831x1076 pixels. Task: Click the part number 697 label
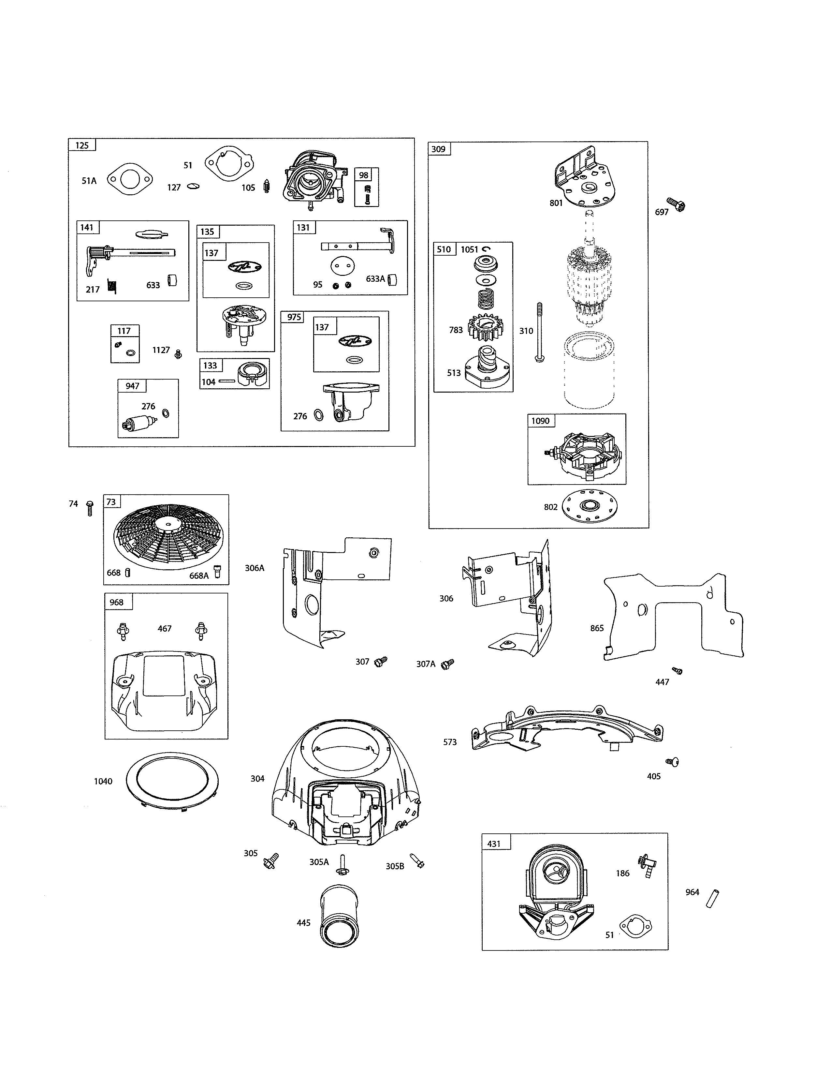pyautogui.click(x=661, y=212)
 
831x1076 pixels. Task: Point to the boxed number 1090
pyautogui.click(x=540, y=421)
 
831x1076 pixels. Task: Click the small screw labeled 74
pyautogui.click(x=90, y=507)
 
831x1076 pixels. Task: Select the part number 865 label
pyautogui.click(x=597, y=628)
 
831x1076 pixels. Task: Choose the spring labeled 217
pyautogui.click(x=112, y=287)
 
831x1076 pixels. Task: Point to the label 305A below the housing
pyautogui.click(x=318, y=862)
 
